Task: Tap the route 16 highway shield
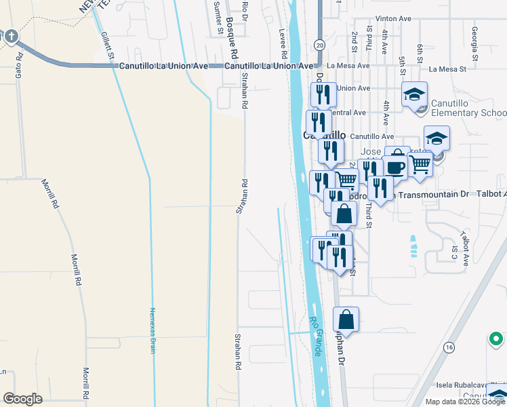(x=449, y=347)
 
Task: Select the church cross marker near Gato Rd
(x=12, y=37)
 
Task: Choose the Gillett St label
(x=106, y=45)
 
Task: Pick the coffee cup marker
(x=394, y=167)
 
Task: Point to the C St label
(x=454, y=252)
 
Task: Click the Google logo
(x=23, y=399)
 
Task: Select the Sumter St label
(x=218, y=18)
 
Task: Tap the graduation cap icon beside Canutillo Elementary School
(x=415, y=95)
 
